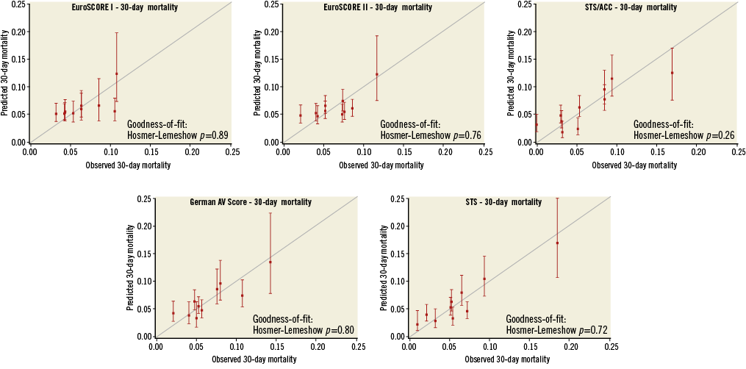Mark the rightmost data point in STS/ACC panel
tap(672, 73)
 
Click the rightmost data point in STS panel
tap(557, 243)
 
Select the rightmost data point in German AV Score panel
tap(270, 262)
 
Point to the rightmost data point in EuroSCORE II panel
tap(377, 74)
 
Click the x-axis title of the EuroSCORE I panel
tap(110, 166)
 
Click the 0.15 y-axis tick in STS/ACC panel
tap(525, 60)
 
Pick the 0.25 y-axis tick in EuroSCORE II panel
tap(271, 4)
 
